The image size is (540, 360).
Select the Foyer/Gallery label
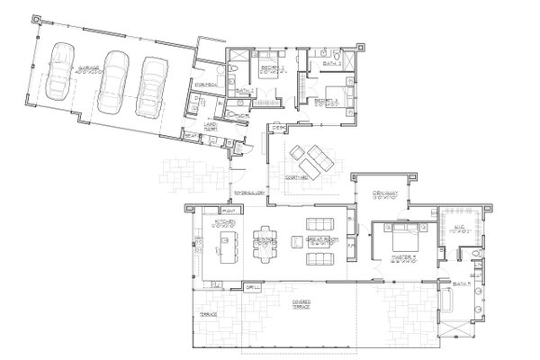(247, 193)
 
